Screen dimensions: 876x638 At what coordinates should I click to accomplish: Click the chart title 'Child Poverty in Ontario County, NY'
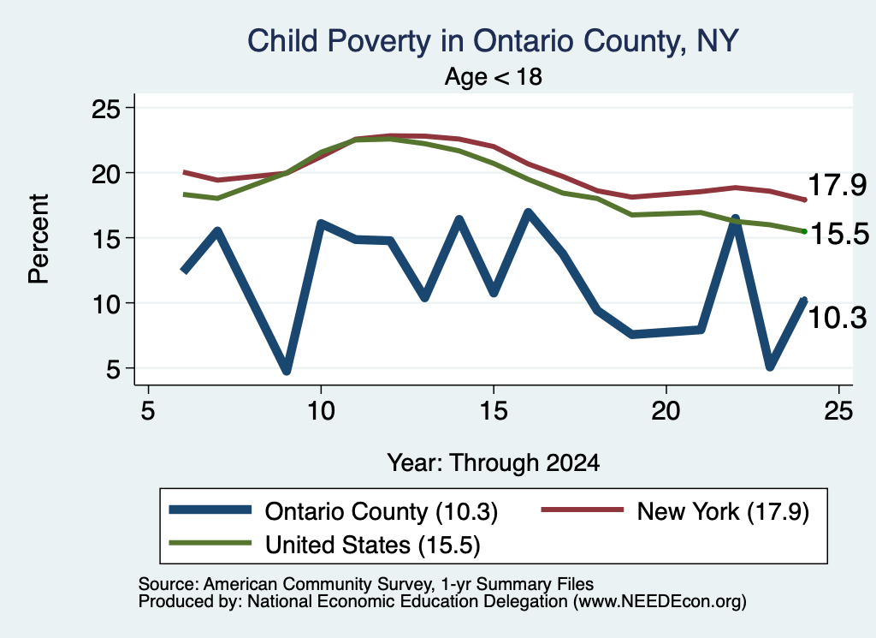pos(493,41)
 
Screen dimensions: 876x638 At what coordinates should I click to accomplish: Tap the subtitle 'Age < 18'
pos(494,76)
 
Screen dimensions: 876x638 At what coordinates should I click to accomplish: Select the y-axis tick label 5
pos(114,368)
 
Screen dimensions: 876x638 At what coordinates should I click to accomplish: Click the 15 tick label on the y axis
pos(106,238)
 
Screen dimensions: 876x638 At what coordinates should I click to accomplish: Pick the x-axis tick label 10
pos(321,412)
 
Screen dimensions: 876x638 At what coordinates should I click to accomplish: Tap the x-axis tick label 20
pos(666,412)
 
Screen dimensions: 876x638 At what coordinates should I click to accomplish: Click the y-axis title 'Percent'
pos(39,239)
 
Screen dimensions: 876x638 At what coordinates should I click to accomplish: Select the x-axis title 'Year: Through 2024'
pos(494,463)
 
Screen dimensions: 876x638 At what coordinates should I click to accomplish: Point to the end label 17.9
pos(837,185)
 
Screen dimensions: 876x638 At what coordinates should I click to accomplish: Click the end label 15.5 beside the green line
pos(839,234)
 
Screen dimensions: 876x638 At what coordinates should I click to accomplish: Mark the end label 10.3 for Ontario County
pos(837,318)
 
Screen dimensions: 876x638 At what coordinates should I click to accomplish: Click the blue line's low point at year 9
pos(286,370)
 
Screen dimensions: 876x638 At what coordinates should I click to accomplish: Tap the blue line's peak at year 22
pos(735,219)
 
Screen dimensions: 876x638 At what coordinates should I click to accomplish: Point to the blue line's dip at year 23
pos(770,366)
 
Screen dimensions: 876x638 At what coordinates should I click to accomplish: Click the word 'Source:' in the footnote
pos(169,584)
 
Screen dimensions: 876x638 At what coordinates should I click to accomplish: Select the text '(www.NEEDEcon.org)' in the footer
pos(660,602)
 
